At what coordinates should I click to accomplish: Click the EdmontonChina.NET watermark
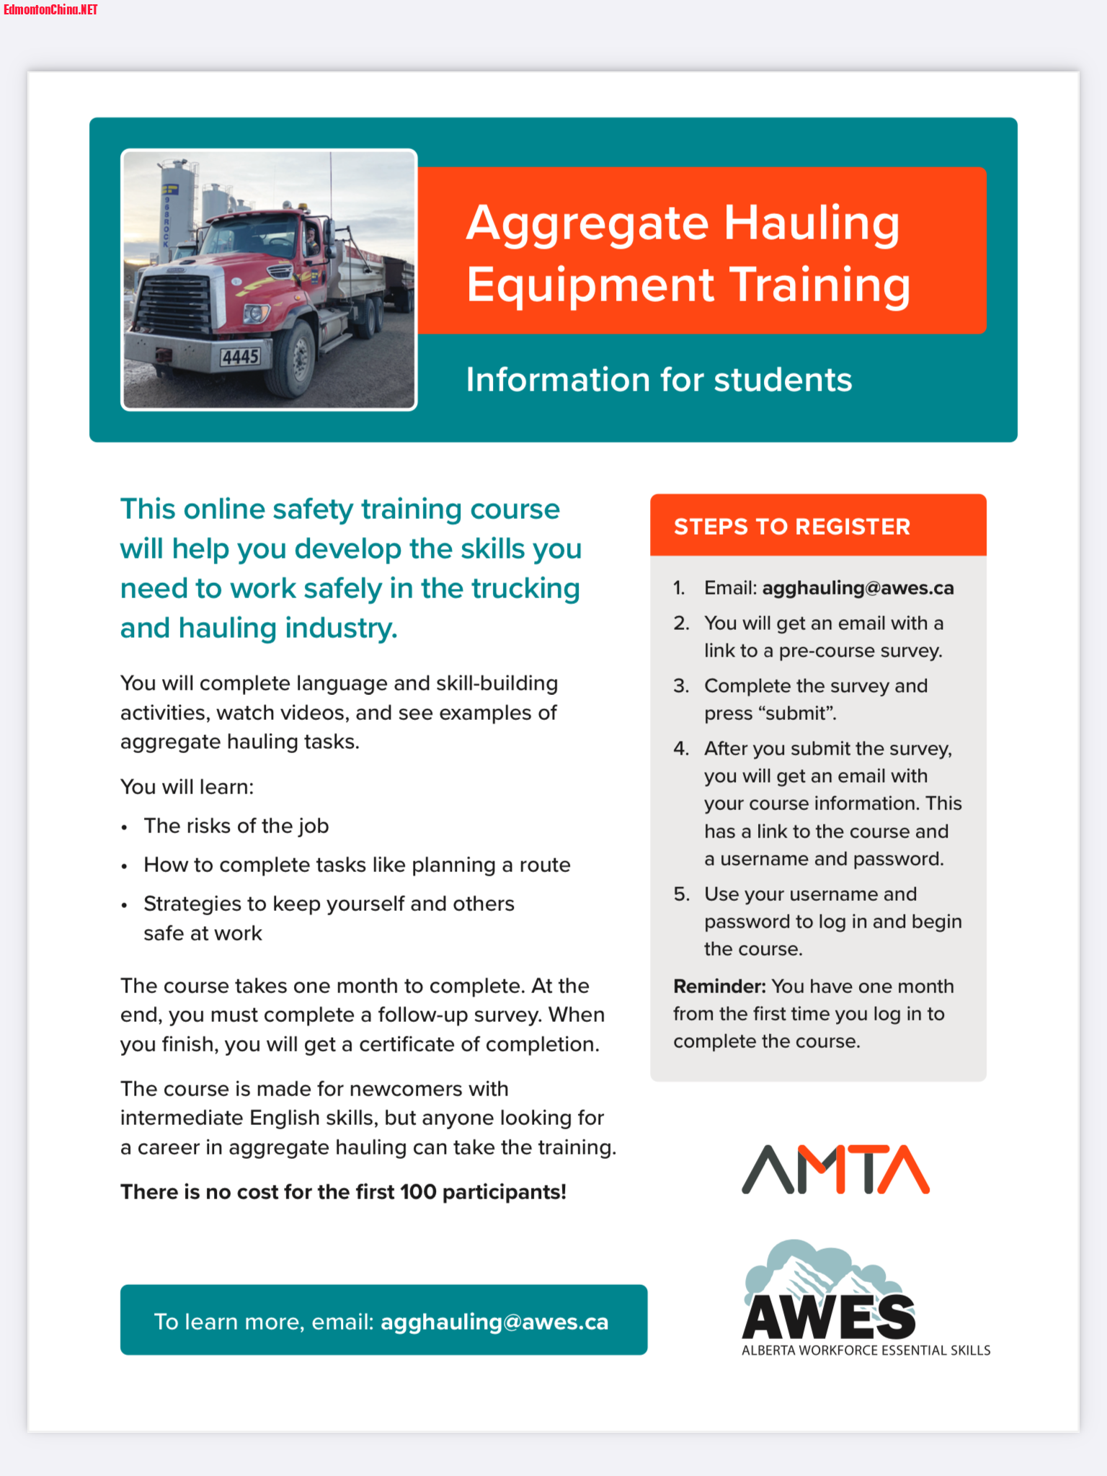(50, 9)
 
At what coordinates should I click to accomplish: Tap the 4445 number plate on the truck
(240, 357)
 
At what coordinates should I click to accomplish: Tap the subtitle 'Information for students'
(659, 380)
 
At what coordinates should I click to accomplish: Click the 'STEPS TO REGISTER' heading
(791, 527)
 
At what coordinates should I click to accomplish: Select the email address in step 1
(858, 588)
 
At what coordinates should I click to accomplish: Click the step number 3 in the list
(681, 686)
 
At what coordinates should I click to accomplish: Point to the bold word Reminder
(719, 986)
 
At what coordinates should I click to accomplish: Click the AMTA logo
(835, 1169)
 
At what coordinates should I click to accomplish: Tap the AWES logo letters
(829, 1316)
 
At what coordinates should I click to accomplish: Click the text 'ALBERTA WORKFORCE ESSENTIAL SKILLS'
(866, 1351)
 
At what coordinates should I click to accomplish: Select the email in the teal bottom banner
(494, 1322)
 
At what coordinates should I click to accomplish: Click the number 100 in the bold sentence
(418, 1192)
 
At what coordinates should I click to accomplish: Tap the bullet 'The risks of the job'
(236, 826)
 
